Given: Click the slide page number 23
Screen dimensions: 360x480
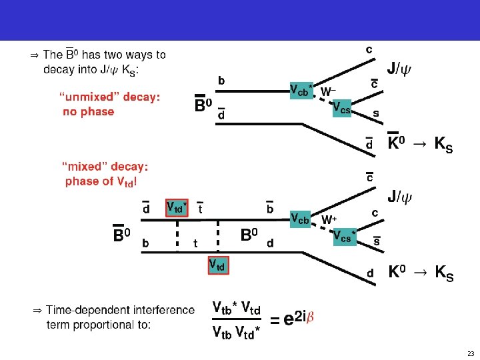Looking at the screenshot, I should coord(470,353).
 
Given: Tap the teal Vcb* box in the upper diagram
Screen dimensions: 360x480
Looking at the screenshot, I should coord(301,91).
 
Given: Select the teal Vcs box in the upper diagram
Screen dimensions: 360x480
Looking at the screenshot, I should coord(341,108).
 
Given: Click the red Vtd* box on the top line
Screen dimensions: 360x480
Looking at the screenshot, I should coord(177,207).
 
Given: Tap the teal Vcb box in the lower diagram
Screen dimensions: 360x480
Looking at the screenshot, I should coord(300,219).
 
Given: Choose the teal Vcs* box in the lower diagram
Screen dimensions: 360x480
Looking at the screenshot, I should coord(344,236).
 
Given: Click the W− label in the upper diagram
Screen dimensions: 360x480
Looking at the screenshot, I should coord(328,91).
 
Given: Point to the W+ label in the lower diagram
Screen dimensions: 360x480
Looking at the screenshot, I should coord(329,219).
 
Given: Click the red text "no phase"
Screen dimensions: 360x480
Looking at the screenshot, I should coord(88,112).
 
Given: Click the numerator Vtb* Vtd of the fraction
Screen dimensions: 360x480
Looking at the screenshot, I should coord(236,307).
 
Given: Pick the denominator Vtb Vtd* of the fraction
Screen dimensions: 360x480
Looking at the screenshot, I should coord(236,331).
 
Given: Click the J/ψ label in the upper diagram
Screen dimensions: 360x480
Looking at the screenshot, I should coord(400,68).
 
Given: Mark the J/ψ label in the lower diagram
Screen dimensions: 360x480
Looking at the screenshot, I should coord(400,197).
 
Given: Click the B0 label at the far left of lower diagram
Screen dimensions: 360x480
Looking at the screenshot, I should coord(121,235).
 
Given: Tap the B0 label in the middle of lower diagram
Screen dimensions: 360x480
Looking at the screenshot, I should coord(249,235).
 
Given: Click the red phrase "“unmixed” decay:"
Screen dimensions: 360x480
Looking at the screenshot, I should coord(110,97).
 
